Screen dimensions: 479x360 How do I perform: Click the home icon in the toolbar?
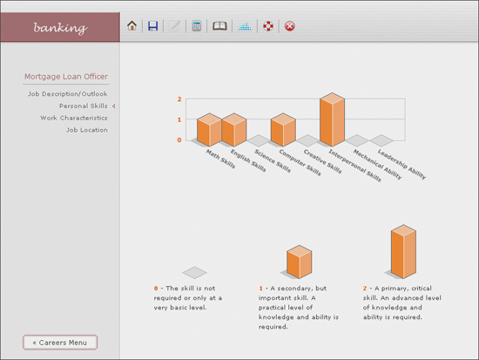click(132, 25)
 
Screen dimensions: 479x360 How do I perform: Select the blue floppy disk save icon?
click(152, 26)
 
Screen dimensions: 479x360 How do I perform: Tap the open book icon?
click(219, 26)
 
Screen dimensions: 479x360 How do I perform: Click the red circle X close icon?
click(290, 26)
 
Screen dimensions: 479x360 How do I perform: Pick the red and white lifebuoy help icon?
click(268, 26)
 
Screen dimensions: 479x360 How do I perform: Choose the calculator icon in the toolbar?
click(197, 26)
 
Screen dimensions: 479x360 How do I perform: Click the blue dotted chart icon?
click(245, 27)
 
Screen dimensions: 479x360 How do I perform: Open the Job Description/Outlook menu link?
click(68, 94)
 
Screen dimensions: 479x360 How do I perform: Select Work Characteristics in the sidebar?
click(74, 118)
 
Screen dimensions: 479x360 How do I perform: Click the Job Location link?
click(87, 130)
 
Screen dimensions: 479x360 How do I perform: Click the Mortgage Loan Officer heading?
click(66, 77)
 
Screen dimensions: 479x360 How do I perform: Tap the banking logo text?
click(60, 28)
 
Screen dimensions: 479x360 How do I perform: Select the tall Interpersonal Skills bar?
click(332, 119)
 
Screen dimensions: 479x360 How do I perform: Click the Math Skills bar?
click(209, 129)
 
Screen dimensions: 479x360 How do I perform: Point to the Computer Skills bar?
click(283, 129)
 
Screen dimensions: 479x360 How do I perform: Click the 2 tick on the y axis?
click(179, 99)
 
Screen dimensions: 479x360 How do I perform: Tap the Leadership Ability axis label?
click(401, 164)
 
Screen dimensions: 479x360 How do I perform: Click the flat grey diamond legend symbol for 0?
click(194, 273)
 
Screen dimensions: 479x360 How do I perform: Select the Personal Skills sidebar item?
click(84, 105)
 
